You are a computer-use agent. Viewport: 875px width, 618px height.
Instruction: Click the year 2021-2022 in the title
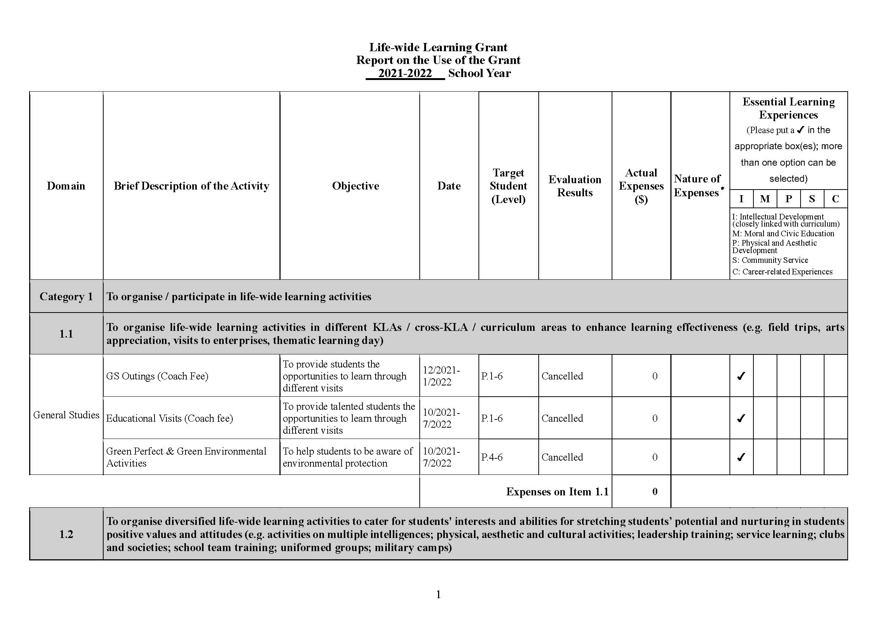(405, 73)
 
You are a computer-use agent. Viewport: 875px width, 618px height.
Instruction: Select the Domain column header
(66, 186)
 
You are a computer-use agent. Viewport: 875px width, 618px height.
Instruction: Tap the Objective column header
(355, 186)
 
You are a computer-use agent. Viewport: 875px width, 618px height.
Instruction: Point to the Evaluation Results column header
(575, 186)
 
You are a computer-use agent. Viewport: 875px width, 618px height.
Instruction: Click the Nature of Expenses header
(697, 186)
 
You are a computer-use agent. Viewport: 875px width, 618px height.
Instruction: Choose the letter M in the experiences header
(765, 199)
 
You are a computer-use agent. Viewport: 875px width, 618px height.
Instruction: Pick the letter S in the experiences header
(812, 199)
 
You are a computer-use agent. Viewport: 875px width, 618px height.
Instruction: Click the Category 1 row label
(66, 296)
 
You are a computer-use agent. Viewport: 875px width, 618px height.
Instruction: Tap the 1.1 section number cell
(66, 334)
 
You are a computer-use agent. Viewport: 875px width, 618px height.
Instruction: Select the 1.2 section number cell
(66, 534)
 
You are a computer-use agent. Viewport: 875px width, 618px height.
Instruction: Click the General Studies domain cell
(66, 415)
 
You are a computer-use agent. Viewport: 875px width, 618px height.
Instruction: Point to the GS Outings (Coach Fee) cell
(157, 376)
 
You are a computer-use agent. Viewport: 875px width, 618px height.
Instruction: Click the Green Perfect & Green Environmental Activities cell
(186, 457)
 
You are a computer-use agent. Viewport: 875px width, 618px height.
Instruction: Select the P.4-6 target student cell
(492, 457)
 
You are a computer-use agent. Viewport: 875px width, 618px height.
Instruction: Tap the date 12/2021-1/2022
(441, 376)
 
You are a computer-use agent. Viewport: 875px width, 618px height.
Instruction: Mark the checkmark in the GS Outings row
(741, 376)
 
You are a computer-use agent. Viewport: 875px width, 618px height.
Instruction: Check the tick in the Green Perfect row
(741, 457)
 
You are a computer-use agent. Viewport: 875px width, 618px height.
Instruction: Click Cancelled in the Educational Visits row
(562, 418)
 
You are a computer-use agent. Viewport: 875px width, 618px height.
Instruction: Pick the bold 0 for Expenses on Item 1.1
(655, 492)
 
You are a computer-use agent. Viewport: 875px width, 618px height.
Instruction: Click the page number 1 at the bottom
(438, 594)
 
